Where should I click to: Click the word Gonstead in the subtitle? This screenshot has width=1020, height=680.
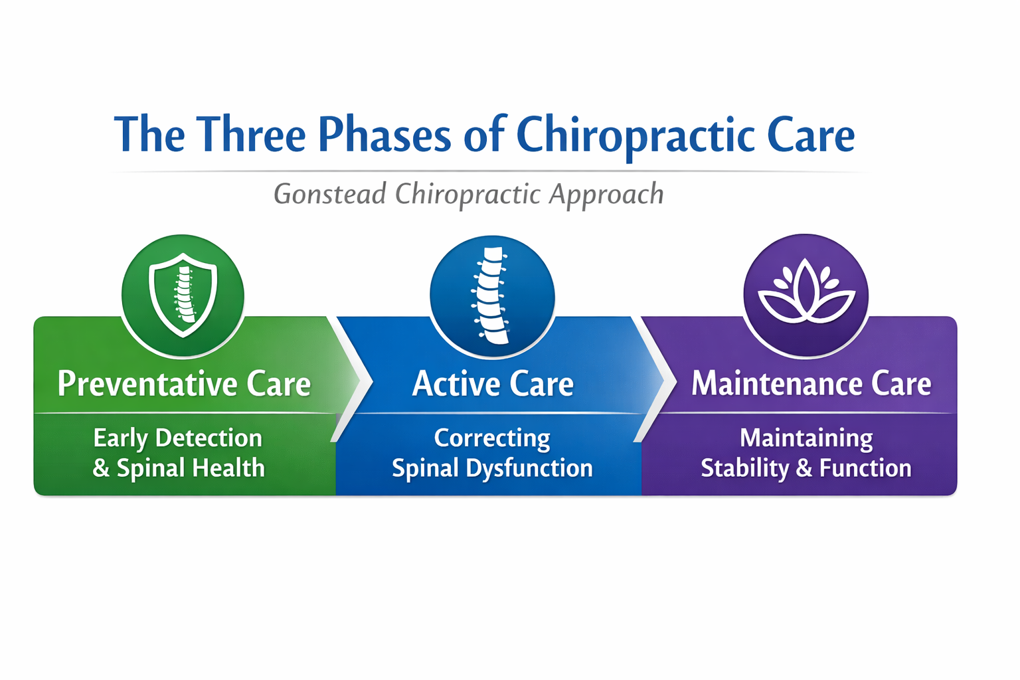[x=330, y=194]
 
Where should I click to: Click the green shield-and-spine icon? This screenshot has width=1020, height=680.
[x=183, y=296]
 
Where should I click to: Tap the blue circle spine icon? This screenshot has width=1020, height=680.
[x=492, y=296]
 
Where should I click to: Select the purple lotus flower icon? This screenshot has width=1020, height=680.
[x=806, y=296]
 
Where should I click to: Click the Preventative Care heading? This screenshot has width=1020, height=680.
[x=184, y=384]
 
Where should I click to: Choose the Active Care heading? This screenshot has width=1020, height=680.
[x=493, y=384]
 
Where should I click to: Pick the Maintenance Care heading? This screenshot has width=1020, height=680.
[x=811, y=384]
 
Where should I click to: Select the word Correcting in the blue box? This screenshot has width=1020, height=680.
[x=492, y=438]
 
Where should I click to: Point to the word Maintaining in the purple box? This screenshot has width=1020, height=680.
[x=806, y=438]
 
